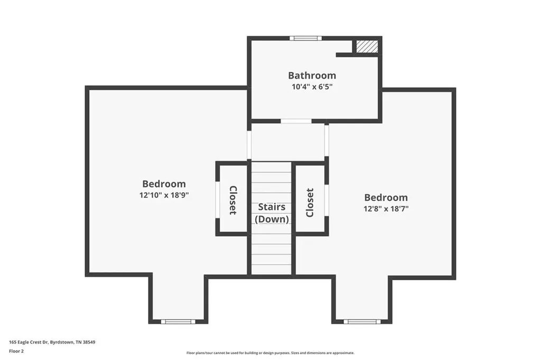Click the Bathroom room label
tap(312, 75)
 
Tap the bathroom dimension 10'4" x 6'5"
tap(312, 87)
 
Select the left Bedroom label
tap(164, 184)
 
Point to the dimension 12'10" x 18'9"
tap(164, 195)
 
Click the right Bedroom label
tap(386, 197)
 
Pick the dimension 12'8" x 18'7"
tap(386, 209)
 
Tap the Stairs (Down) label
tap(272, 213)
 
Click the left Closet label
tap(232, 200)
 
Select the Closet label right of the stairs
tap(310, 202)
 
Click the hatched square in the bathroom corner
tap(367, 46)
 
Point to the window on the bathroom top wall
tap(305, 38)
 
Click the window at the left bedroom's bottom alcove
tap(178, 321)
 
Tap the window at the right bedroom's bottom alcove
tap(362, 321)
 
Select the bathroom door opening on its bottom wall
tap(296, 121)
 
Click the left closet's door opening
tap(217, 200)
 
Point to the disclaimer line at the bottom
tap(270, 353)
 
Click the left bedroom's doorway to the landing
tap(248, 145)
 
